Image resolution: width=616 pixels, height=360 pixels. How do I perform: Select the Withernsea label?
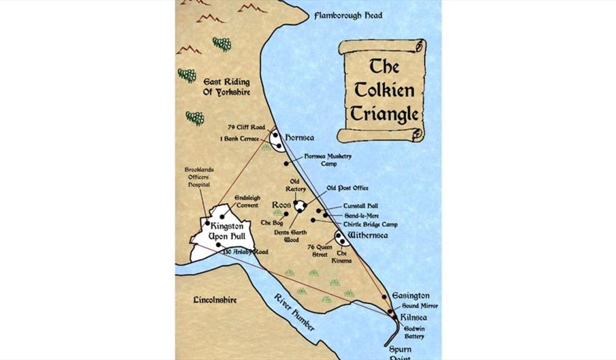click(x=368, y=236)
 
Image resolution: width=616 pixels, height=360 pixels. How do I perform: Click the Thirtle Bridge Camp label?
click(x=370, y=224)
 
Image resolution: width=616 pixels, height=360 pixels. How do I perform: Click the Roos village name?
click(x=281, y=205)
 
